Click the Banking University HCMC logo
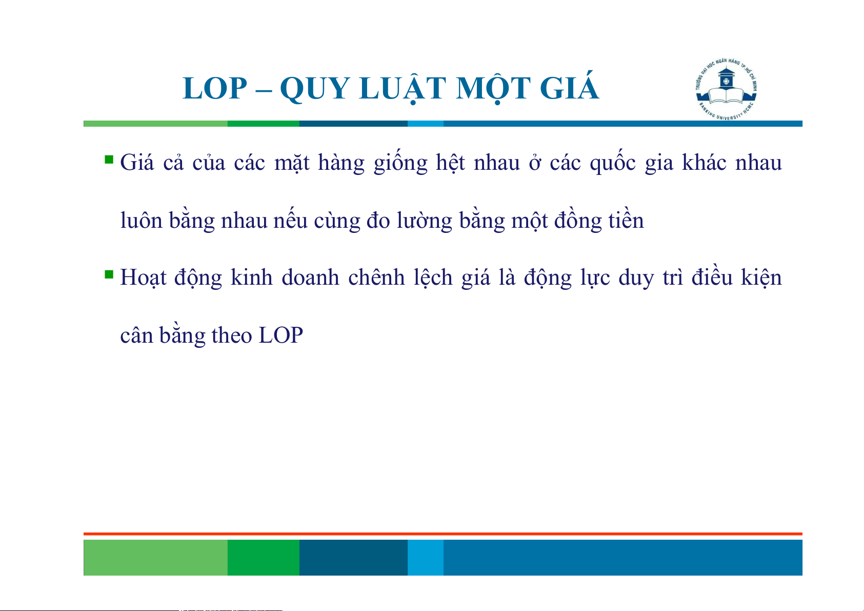click(726, 90)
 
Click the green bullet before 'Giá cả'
click(109, 160)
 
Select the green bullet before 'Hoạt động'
click(109, 274)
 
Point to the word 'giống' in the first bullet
click(400, 162)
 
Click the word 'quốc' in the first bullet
click(613, 162)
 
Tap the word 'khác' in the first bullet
click(705, 162)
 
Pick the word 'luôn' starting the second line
click(141, 221)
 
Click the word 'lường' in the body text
click(424, 221)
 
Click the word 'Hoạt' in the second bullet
click(143, 278)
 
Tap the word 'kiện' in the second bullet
click(761, 277)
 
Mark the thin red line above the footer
click(443, 534)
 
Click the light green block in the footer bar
click(155, 557)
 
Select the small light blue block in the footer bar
click(426, 557)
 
